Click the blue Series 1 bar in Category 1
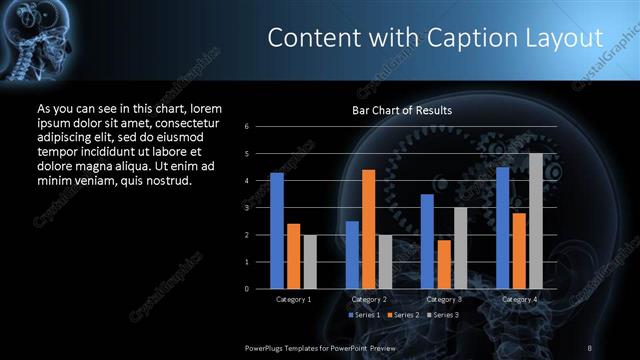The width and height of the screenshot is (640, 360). [277, 231]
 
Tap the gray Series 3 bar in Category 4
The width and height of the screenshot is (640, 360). [536, 221]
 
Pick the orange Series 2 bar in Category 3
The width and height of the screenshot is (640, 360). [444, 264]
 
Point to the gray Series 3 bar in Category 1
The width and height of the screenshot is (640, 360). [310, 262]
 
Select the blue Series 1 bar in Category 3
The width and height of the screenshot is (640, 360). [427, 241]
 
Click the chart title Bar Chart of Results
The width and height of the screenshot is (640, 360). [402, 110]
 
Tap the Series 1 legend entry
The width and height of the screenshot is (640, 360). [365, 315]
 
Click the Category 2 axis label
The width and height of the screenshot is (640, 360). [369, 299]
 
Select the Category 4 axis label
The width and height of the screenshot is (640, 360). [519, 299]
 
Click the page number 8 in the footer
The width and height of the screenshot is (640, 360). [590, 346]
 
